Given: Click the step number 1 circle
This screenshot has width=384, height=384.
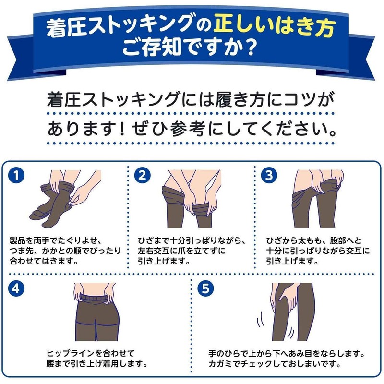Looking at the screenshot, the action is pyautogui.click(x=16, y=175).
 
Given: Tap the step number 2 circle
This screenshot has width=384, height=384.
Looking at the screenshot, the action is pyautogui.click(x=142, y=175).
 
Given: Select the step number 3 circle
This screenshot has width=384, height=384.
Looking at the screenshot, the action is pyautogui.click(x=269, y=175).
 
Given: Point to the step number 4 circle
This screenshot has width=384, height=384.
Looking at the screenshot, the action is pyautogui.click(x=16, y=288).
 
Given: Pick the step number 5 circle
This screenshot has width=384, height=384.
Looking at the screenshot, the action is pyautogui.click(x=206, y=288).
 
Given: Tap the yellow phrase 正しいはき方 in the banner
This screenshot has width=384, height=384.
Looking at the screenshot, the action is pyautogui.click(x=274, y=26).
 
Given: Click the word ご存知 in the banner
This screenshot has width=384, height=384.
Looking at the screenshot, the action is pyautogui.click(x=152, y=47).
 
